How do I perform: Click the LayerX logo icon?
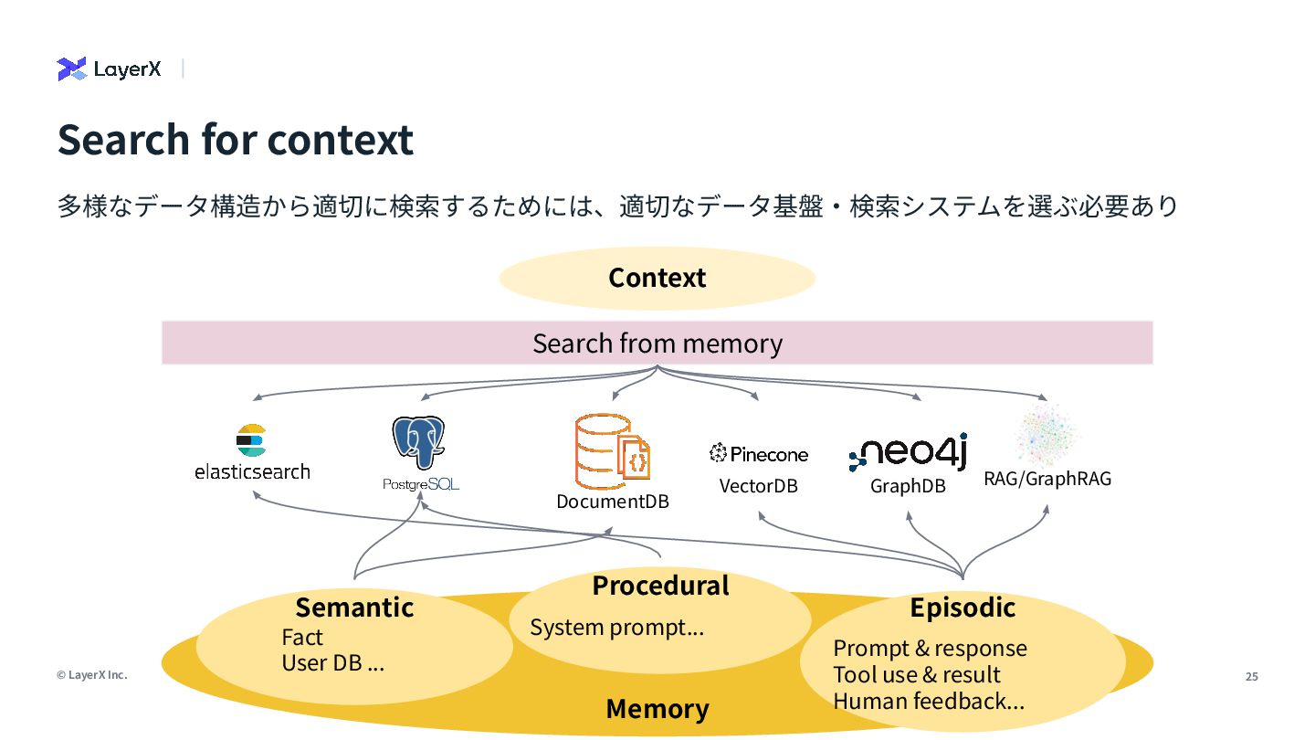(72, 69)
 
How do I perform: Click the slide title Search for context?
(236, 140)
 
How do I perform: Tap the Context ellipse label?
(657, 278)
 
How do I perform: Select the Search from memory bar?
(657, 343)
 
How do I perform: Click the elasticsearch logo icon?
(251, 440)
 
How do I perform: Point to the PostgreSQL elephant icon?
(418, 443)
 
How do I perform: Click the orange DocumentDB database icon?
(612, 451)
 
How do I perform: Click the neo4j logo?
(908, 452)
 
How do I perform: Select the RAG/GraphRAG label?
(1047, 479)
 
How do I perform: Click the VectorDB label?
(759, 486)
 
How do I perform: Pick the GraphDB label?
(908, 486)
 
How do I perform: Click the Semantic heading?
(354, 608)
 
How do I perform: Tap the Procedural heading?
(660, 586)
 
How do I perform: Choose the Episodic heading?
(963, 608)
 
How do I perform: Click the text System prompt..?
(617, 628)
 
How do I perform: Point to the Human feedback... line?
(929, 702)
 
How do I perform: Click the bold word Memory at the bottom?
(657, 708)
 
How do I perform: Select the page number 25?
(1251, 677)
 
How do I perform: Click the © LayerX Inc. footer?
(91, 675)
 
